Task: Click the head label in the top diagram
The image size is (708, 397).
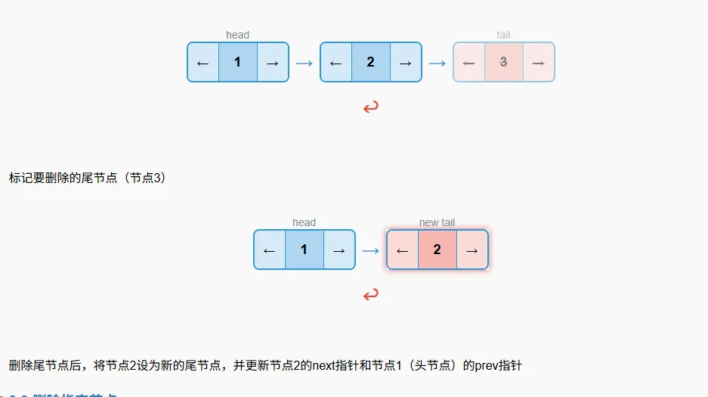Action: pyautogui.click(x=237, y=35)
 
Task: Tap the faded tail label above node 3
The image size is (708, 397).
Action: pyautogui.click(x=503, y=35)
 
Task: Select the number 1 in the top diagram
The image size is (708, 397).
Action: pyautogui.click(x=237, y=62)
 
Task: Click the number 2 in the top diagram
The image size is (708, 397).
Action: pyautogui.click(x=370, y=62)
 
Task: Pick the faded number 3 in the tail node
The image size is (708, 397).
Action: pyautogui.click(x=503, y=62)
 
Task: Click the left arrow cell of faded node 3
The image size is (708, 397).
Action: pyautogui.click(x=468, y=63)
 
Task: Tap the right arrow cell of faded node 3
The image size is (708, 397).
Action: pyautogui.click(x=538, y=63)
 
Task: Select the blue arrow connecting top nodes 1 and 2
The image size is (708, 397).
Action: pyautogui.click(x=304, y=63)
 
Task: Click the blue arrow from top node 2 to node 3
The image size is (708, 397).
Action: pyautogui.click(x=437, y=63)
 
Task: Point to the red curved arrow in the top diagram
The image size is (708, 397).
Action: pyautogui.click(x=370, y=107)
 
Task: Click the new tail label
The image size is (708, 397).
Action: pyautogui.click(x=437, y=222)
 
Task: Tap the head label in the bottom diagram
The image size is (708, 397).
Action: pyautogui.click(x=304, y=222)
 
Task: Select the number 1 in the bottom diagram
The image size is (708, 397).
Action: pyautogui.click(x=304, y=250)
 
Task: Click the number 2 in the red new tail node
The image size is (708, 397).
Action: pyautogui.click(x=437, y=250)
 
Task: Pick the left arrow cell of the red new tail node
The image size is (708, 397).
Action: pyautogui.click(x=402, y=250)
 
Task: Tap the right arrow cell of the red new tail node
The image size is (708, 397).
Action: pyautogui.click(x=471, y=250)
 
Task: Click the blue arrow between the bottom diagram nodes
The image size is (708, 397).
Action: pyautogui.click(x=370, y=250)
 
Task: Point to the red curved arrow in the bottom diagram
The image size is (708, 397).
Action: pyautogui.click(x=370, y=295)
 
